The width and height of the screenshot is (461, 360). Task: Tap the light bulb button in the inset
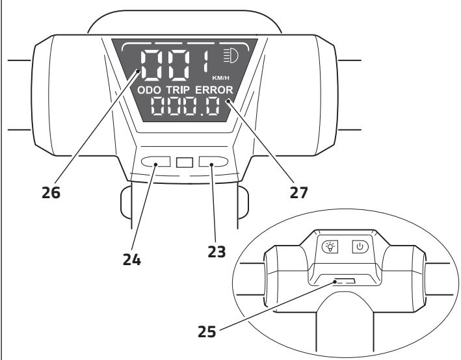[x=330, y=246]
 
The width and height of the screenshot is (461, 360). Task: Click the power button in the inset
[x=360, y=246]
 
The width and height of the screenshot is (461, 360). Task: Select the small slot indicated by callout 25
[x=344, y=282]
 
